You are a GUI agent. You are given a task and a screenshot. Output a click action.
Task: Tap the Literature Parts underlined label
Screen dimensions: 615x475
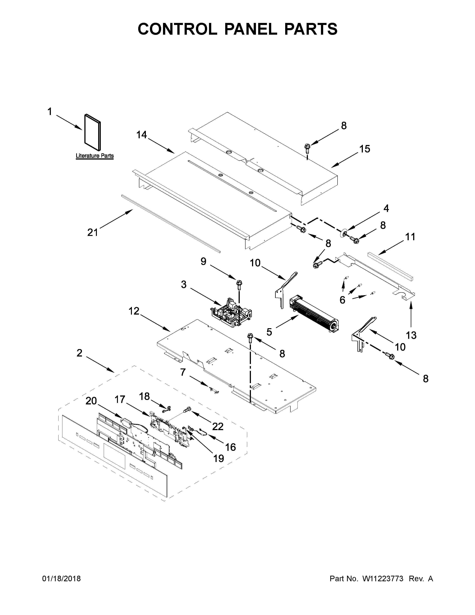[95, 156]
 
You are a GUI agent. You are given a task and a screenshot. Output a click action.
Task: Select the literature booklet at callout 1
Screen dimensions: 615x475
[92, 132]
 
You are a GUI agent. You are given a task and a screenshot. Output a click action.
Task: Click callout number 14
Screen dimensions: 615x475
[142, 135]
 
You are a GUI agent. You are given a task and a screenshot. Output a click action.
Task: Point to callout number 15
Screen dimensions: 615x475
[365, 149]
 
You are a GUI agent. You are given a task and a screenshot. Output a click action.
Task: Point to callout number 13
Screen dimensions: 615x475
[411, 335]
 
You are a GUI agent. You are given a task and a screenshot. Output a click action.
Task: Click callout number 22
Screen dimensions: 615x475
[218, 426]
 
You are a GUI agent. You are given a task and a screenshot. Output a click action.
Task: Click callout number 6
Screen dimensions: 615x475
[342, 300]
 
